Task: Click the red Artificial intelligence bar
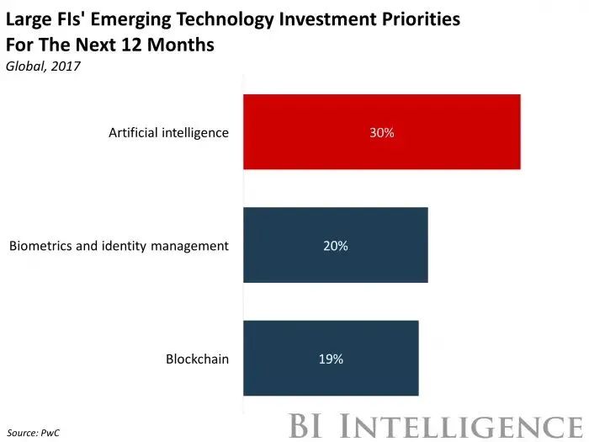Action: (381, 132)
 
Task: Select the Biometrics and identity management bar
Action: (335, 245)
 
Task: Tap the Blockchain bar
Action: (330, 358)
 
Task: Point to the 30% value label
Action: (381, 133)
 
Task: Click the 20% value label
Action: (335, 246)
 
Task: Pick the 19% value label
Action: (331, 359)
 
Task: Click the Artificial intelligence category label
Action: (168, 133)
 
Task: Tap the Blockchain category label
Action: (197, 359)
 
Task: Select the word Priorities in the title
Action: (420, 19)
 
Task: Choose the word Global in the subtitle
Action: (24, 66)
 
